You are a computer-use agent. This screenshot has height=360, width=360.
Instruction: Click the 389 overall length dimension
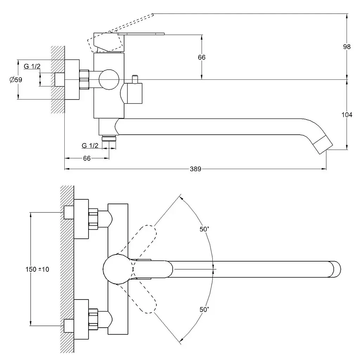(195, 169)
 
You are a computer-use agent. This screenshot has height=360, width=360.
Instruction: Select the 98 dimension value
(347, 46)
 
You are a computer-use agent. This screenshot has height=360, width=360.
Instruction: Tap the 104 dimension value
(347, 115)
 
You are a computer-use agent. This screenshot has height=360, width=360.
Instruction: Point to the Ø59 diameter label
(16, 80)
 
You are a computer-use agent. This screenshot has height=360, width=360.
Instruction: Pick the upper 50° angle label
(204, 229)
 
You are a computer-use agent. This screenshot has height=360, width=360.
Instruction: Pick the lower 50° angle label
(204, 309)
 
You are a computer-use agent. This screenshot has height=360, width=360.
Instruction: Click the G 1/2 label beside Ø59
(32, 66)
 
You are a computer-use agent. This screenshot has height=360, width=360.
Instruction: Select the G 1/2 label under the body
(90, 145)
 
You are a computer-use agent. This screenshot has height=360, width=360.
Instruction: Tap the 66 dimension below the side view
(87, 158)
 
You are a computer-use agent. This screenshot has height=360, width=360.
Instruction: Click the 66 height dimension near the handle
(201, 57)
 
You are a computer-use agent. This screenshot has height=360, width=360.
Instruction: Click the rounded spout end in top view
(336, 269)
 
